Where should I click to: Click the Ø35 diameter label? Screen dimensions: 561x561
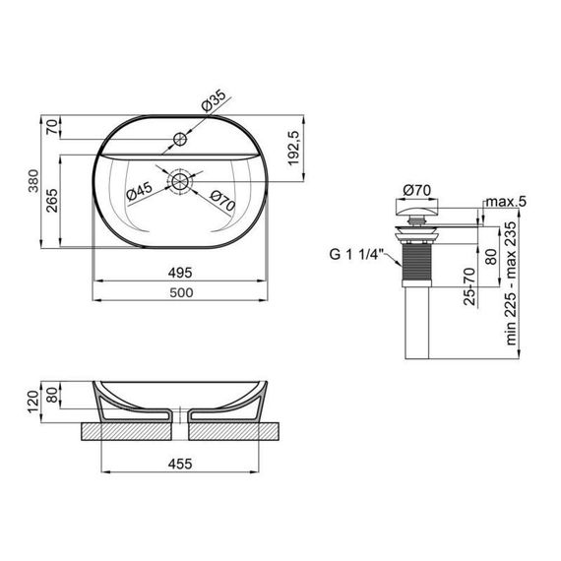tap(214, 100)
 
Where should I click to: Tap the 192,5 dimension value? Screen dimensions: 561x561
tap(293, 148)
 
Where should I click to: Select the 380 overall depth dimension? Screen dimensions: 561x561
tap(33, 181)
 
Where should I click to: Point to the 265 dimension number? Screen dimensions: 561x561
tap(52, 201)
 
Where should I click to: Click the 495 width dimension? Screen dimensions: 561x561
tap(180, 273)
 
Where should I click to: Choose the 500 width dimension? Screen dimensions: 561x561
tap(181, 292)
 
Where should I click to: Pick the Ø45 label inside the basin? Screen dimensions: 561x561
tap(140, 191)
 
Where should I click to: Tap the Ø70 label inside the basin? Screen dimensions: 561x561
tap(222, 201)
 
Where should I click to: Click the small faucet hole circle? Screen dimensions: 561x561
tap(180, 139)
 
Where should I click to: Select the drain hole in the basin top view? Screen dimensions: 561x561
tap(179, 181)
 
